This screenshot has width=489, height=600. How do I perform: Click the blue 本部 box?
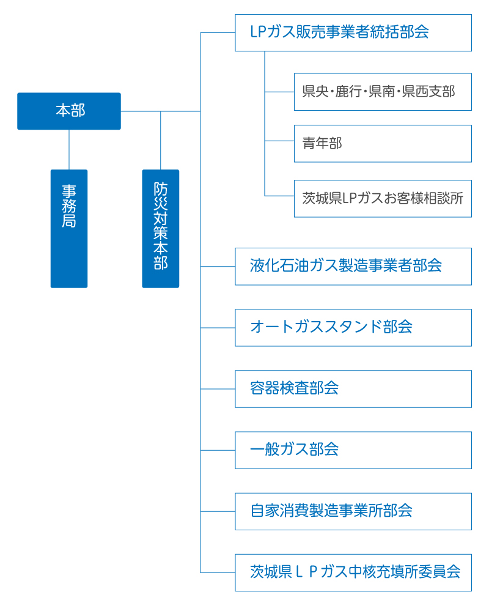[69, 111]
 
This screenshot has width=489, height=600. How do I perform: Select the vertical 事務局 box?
[69, 229]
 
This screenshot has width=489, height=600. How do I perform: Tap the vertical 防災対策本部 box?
[161, 229]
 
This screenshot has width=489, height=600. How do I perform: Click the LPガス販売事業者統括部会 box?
[353, 32]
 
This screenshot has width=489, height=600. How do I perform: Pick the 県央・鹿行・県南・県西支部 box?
[383, 92]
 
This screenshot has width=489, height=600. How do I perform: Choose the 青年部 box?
[383, 144]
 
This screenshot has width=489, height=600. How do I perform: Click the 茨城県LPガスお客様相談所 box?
[383, 199]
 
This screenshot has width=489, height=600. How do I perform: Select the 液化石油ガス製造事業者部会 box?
[353, 266]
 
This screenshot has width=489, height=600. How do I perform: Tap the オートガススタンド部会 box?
[353, 328]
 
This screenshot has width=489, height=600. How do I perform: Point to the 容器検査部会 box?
[353, 389]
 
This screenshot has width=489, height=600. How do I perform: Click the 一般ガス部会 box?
[353, 450]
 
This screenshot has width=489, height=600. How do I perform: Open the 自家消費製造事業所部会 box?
[353, 511]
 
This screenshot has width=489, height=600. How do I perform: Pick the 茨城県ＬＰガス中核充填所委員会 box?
[353, 572]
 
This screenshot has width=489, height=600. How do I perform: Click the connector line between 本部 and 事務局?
[69, 150]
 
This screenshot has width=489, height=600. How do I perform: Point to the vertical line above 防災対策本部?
[161, 141]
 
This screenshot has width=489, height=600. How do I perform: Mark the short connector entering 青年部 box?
[279, 141]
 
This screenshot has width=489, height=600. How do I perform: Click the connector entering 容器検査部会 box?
[218, 389]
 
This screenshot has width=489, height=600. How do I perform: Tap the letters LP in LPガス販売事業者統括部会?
[259, 32]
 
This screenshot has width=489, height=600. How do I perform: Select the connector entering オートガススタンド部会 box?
[218, 328]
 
